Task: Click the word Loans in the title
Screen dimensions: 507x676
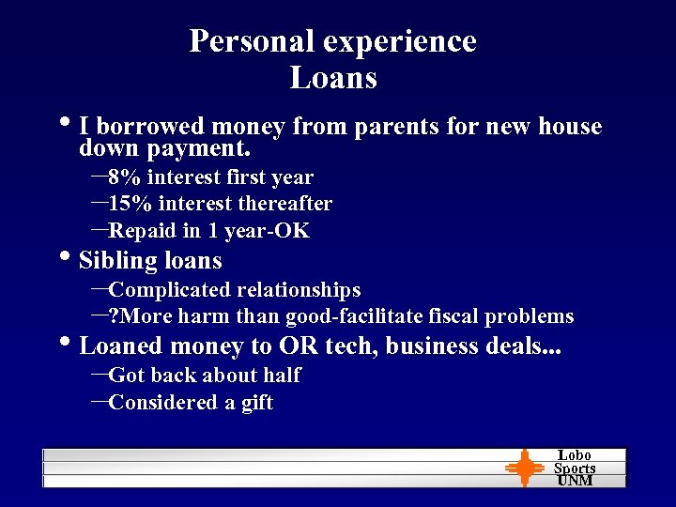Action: [333, 77]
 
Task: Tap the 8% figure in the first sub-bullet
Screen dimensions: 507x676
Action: [125, 177]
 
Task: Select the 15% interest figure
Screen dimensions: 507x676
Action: [131, 204]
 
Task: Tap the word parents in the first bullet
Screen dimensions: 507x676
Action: [392, 126]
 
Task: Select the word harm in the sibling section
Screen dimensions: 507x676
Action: [206, 316]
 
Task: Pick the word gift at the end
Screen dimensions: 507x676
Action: [256, 403]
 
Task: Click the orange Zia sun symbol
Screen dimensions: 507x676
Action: [524, 468]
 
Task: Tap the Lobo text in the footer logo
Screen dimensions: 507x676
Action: [575, 455]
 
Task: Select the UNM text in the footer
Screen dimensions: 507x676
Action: [575, 481]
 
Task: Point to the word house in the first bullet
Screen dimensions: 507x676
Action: [569, 126]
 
